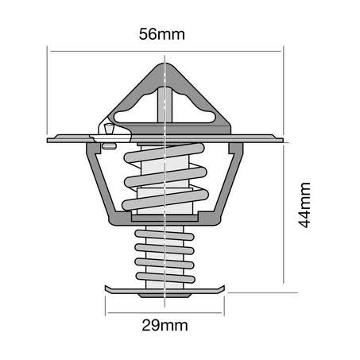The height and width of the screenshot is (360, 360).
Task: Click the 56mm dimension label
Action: (x=162, y=34)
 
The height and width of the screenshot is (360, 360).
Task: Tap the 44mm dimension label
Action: (x=304, y=205)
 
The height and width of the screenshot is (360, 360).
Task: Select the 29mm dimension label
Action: (x=165, y=325)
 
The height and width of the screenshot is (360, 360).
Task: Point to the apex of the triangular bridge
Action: (x=165, y=64)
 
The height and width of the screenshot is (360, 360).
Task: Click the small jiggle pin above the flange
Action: (x=109, y=129)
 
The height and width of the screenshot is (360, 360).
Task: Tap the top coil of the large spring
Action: (x=165, y=153)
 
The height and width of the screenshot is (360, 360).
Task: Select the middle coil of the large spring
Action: (x=165, y=176)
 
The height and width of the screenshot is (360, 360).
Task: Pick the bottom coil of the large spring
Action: (x=165, y=199)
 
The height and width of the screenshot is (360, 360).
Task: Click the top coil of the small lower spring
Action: (x=165, y=235)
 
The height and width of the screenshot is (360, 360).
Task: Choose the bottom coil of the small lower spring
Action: (x=165, y=277)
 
